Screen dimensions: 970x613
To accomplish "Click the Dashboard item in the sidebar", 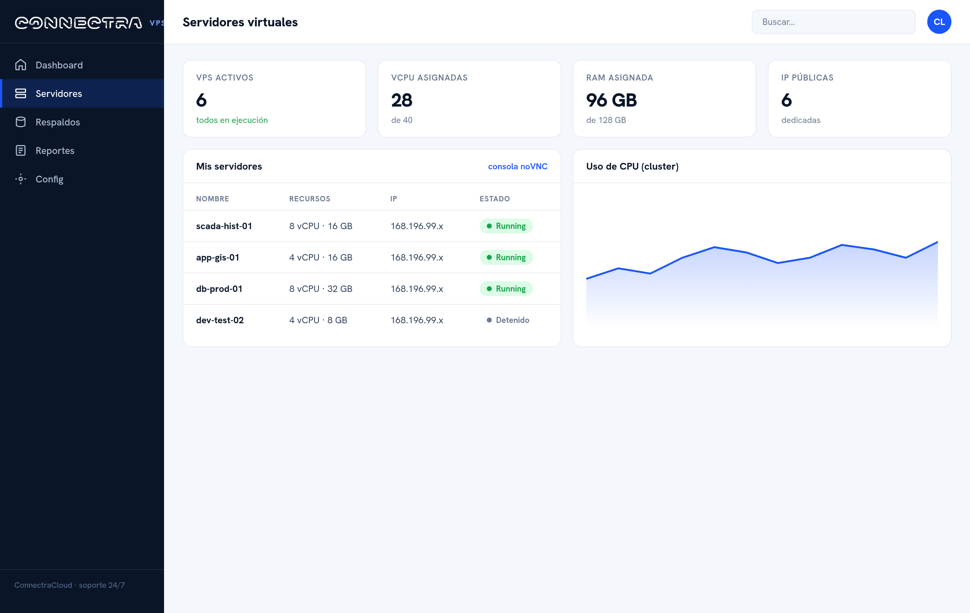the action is click(x=59, y=65).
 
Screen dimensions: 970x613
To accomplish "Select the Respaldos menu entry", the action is click(x=58, y=122).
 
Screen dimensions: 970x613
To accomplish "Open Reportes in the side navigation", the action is click(x=55, y=150).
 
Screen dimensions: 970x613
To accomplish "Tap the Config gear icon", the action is click(x=21, y=179).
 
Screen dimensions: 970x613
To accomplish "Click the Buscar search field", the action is click(x=833, y=22).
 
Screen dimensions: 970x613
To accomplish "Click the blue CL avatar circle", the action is click(x=939, y=22).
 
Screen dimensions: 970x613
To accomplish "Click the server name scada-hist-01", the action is click(x=224, y=226).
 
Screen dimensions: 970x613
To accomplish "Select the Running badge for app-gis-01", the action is click(x=506, y=257).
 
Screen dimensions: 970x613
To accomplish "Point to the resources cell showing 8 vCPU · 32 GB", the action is click(x=321, y=289).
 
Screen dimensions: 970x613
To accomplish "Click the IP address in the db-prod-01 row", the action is click(x=417, y=289).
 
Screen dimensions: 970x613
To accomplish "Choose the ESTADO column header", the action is click(x=495, y=199).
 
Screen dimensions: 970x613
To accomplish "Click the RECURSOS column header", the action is click(x=310, y=199).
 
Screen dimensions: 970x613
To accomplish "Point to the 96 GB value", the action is click(x=612, y=100).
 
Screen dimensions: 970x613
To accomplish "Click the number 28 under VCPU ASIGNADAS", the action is click(x=402, y=100).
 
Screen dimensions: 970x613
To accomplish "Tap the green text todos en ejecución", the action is click(x=232, y=120).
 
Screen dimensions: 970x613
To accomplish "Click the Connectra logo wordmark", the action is click(x=78, y=22).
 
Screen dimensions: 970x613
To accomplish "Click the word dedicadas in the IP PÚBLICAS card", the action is click(x=801, y=120).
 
